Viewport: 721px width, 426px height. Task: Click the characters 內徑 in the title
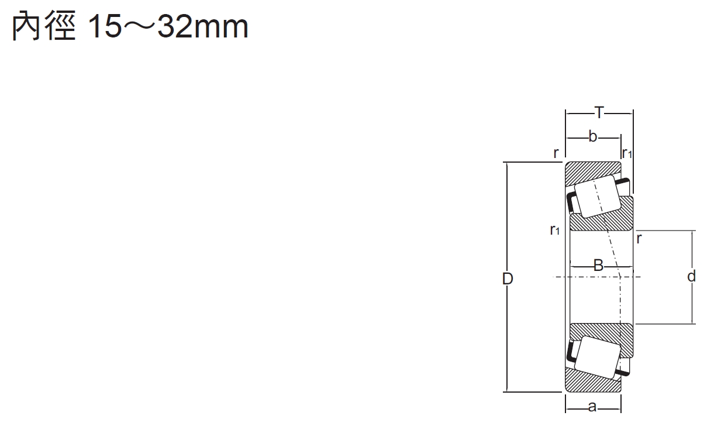coord(44,26)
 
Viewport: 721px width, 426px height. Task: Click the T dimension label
coord(599,113)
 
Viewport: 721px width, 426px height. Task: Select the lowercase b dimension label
coord(593,137)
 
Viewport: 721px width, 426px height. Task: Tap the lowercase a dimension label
coord(592,407)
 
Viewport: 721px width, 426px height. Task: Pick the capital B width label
coord(598,266)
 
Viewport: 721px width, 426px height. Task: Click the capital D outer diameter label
coord(508,279)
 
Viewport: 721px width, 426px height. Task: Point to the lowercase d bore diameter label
coord(691,276)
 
